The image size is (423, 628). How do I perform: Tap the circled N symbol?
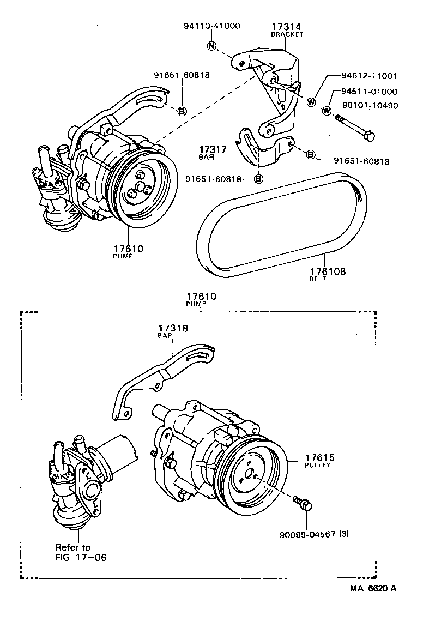point(211,46)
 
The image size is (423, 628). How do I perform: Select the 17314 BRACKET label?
point(287,29)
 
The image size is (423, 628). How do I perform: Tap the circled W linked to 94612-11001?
point(311,101)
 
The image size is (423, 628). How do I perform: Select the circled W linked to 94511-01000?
point(327,111)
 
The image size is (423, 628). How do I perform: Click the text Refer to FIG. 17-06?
point(81,552)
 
